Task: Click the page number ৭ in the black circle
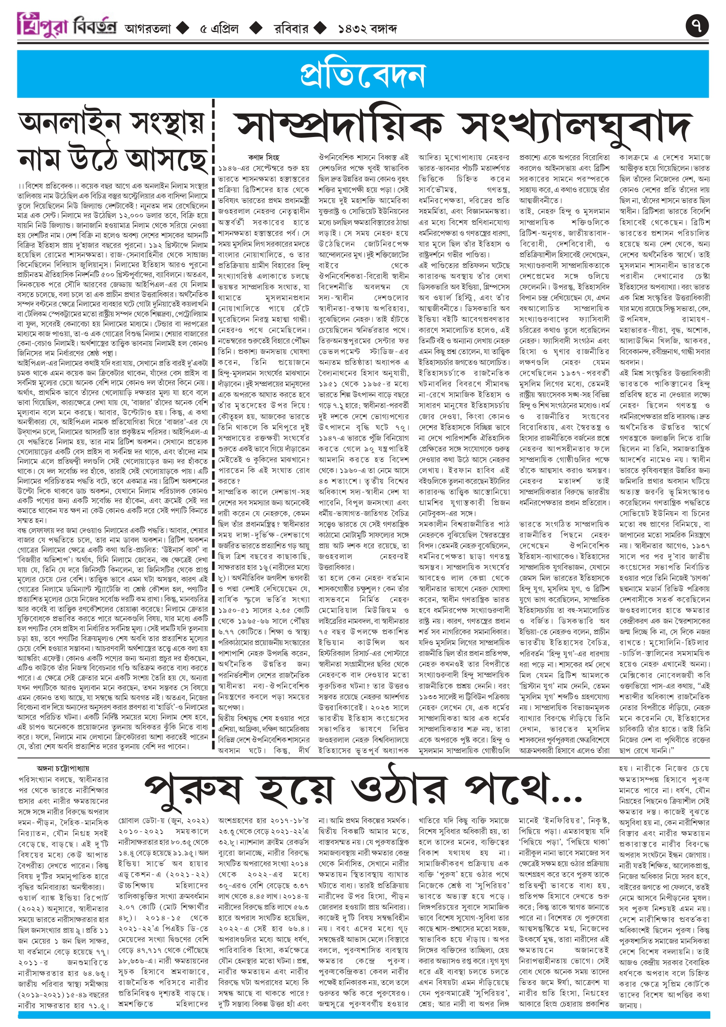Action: point(697,26)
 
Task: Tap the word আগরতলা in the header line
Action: point(148,29)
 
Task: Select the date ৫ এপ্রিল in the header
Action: point(219,29)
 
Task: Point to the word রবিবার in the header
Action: point(291,29)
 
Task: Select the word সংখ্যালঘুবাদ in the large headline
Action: point(577,128)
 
